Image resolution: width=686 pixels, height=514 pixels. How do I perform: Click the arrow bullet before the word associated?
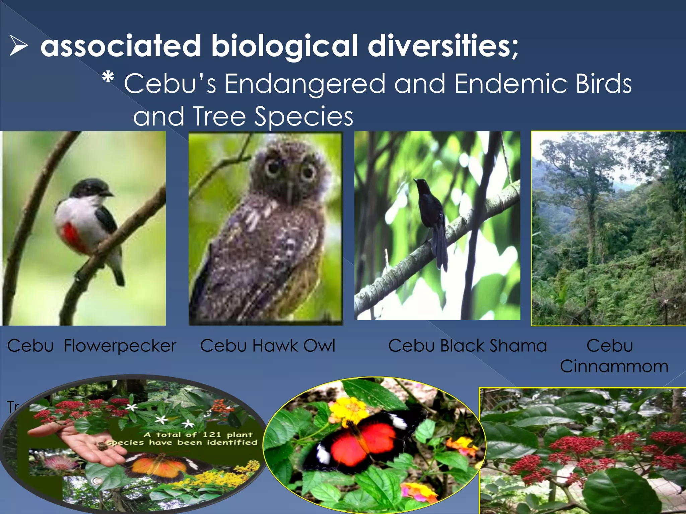point(18,46)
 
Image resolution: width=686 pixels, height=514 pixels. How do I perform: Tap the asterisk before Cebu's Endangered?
point(108,79)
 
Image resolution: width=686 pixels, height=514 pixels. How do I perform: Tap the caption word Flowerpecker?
point(120,346)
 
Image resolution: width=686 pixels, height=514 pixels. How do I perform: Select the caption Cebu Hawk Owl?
point(267,346)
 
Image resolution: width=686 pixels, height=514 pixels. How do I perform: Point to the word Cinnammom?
point(614,366)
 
